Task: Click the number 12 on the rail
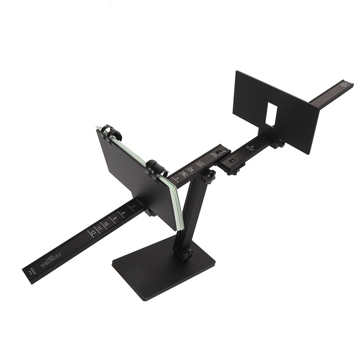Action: pyautogui.click(x=93, y=233)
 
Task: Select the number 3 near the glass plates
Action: pyautogui.click(x=177, y=179)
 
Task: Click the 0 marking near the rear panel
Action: pyautogui.click(x=252, y=146)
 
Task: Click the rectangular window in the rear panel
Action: pyautogui.click(x=271, y=112)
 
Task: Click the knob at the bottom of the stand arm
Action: pyautogui.click(x=185, y=254)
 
